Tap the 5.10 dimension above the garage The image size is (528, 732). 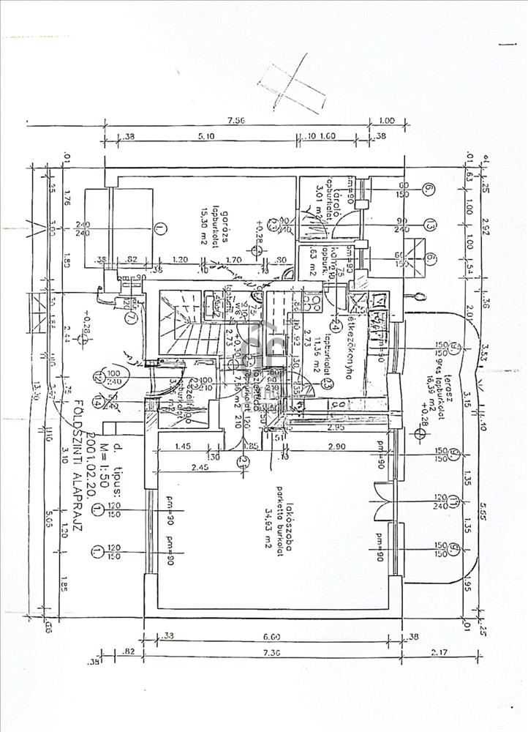pyautogui.click(x=207, y=136)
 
